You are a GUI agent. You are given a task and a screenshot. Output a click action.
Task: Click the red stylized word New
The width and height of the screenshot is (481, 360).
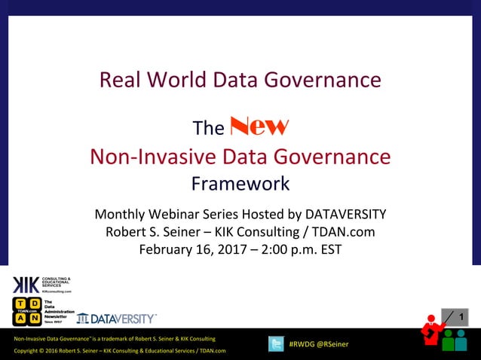[x=259, y=126]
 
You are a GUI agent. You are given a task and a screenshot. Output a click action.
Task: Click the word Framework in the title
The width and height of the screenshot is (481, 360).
[x=240, y=183]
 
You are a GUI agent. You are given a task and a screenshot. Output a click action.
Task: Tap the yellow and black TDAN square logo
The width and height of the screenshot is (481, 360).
[x=26, y=311]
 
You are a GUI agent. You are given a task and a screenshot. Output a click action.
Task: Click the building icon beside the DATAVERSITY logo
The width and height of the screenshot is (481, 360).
[x=82, y=319]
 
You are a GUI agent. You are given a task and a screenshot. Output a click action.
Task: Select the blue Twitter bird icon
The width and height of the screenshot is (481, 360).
[x=277, y=344]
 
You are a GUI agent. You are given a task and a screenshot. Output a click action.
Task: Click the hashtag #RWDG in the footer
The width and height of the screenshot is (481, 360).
[x=302, y=344]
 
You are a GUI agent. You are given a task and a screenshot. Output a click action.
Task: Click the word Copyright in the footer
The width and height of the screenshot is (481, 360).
[x=28, y=351]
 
